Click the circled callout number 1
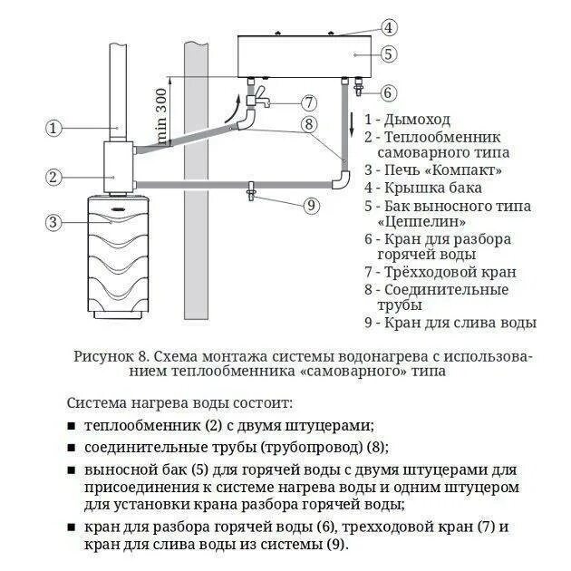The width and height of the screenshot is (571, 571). point(54,128)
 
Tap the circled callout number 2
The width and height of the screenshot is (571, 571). point(54,177)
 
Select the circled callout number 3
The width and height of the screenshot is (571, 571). point(54,221)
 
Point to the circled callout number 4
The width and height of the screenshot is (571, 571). point(388,27)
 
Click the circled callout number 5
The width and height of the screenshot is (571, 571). point(388,54)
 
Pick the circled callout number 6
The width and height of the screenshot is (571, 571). point(388,92)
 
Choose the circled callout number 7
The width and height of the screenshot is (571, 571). point(309,102)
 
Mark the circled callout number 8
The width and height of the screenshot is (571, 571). point(309,125)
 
